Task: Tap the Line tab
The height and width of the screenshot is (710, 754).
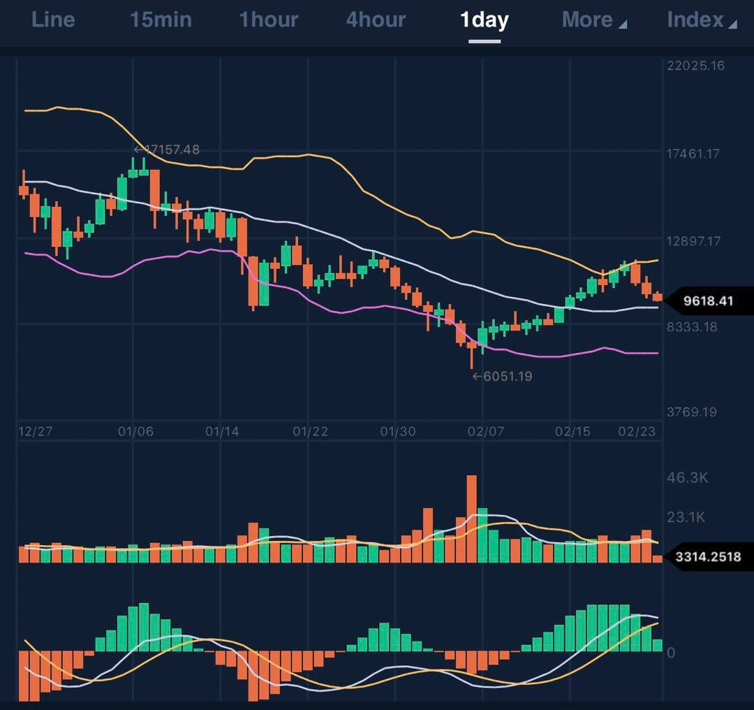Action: click(53, 20)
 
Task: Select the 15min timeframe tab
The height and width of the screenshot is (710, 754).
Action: click(160, 20)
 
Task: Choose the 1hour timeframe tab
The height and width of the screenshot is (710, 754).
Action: click(268, 20)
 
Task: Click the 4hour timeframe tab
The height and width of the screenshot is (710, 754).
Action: click(376, 20)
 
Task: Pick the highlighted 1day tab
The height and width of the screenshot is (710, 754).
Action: click(484, 20)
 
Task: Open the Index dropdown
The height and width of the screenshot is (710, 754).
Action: click(701, 20)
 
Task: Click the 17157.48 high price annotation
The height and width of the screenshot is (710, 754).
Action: click(168, 150)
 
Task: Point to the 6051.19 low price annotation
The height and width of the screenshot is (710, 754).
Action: click(503, 377)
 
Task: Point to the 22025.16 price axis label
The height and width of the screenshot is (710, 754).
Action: click(696, 66)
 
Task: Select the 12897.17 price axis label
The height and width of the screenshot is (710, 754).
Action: click(693, 241)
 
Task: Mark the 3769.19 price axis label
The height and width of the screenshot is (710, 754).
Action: click(692, 412)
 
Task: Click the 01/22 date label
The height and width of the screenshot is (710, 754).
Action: click(310, 432)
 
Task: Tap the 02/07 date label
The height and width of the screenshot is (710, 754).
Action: click(485, 432)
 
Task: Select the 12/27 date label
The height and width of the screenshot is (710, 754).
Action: click(35, 432)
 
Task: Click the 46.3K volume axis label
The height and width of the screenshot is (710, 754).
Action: click(688, 478)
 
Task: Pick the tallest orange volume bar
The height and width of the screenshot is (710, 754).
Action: click(471, 519)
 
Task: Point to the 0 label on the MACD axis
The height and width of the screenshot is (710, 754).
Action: click(671, 653)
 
